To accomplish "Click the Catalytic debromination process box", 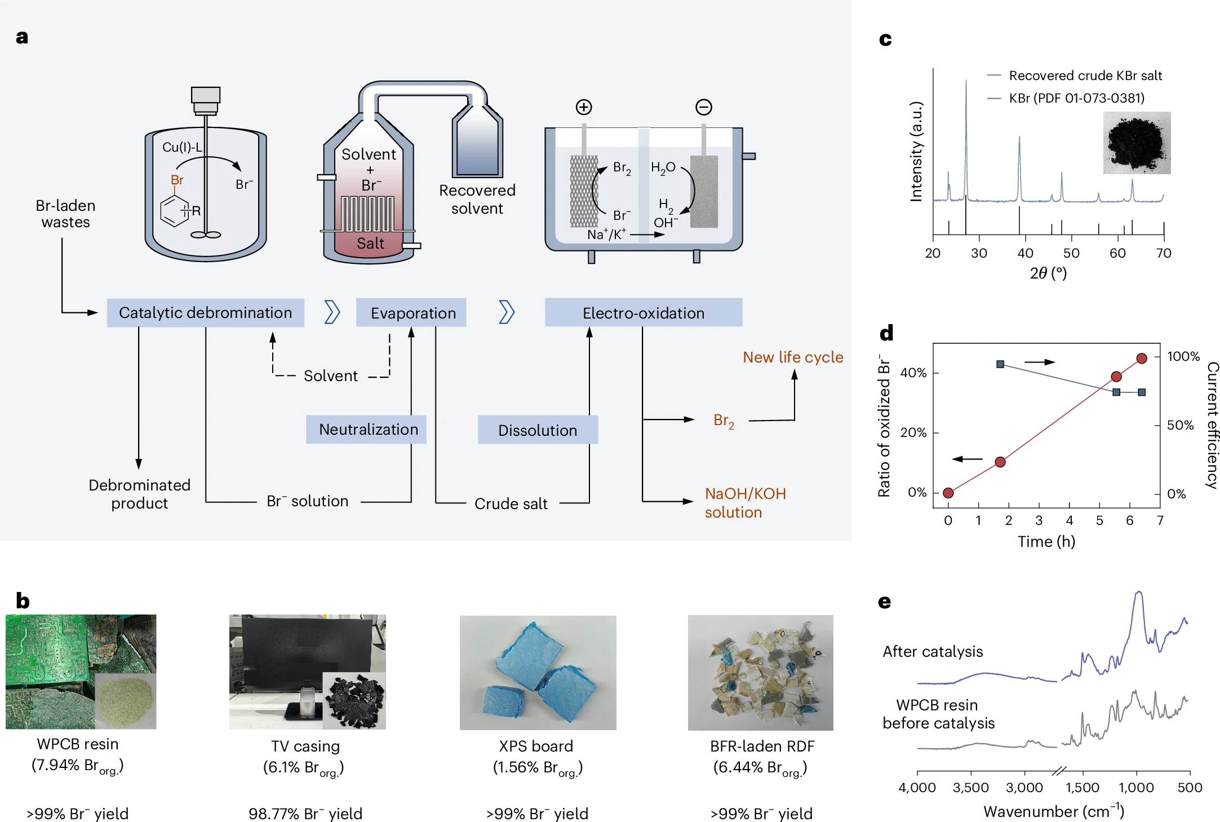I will point(205,313).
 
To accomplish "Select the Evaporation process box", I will point(411,313).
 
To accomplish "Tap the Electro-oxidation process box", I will point(643,313).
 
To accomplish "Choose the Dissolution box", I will point(537,430).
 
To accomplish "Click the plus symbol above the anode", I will point(584,107).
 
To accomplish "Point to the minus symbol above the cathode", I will point(704,107).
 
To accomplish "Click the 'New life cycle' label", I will point(792,357).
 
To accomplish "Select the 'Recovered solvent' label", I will point(477,200).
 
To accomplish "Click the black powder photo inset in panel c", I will point(1137,143).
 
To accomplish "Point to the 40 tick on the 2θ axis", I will point(1025,253).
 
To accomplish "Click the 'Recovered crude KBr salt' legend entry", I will point(1085,76).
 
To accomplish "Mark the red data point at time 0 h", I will point(948,493).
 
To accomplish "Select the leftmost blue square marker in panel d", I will point(1000,364).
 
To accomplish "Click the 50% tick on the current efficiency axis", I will point(1179,425).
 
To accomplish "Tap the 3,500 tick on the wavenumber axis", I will point(970,788).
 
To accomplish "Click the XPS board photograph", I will point(538,673).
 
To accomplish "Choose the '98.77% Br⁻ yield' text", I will point(305,814).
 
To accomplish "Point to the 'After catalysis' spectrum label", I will point(933,652).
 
